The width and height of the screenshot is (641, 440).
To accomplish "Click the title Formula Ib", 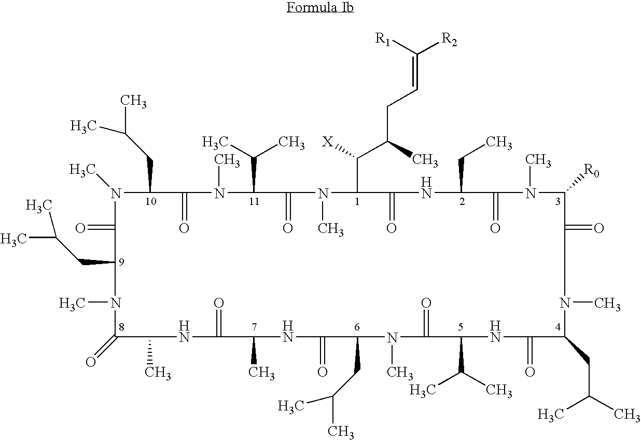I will point(320,8).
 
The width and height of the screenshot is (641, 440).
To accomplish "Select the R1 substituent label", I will point(384,39).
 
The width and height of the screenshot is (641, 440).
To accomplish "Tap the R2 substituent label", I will point(449,39).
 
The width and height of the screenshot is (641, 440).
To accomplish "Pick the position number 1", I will point(357,202).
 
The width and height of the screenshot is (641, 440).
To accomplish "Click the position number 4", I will point(558,328).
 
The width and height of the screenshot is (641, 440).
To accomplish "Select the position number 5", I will point(460,327).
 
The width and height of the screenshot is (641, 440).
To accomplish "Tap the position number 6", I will point(357,327).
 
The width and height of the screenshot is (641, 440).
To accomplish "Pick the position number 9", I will point(121,263).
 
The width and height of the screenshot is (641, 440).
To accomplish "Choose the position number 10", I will point(150,202).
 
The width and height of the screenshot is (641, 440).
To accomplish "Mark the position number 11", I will point(254,202).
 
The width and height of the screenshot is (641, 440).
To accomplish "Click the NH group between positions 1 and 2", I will point(426,189).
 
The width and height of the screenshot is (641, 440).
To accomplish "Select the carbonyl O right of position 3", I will point(598,228).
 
